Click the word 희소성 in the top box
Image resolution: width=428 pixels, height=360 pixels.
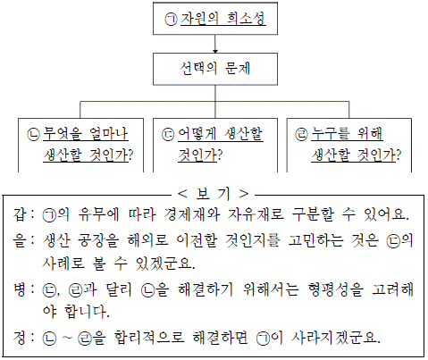[246, 19]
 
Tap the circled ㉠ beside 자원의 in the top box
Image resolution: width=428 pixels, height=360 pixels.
[172, 20]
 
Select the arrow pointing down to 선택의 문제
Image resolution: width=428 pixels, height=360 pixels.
[215, 44]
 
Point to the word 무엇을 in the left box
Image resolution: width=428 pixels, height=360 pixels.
[63, 134]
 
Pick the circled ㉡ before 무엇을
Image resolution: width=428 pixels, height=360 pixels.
[33, 134]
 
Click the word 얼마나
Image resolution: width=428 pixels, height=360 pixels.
[109, 134]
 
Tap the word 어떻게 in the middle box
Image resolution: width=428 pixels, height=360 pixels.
[197, 134]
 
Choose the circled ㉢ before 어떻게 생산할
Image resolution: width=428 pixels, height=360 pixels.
[168, 134]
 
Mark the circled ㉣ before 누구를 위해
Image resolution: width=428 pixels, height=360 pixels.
[301, 134]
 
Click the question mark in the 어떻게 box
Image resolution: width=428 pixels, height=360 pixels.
[220, 155]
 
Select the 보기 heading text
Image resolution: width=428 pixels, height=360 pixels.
[213, 194]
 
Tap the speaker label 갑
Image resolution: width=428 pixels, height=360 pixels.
[20, 214]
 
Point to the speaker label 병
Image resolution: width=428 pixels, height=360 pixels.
[20, 289]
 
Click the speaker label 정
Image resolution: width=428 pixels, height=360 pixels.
[20, 338]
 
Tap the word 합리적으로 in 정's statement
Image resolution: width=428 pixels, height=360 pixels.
[149, 338]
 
